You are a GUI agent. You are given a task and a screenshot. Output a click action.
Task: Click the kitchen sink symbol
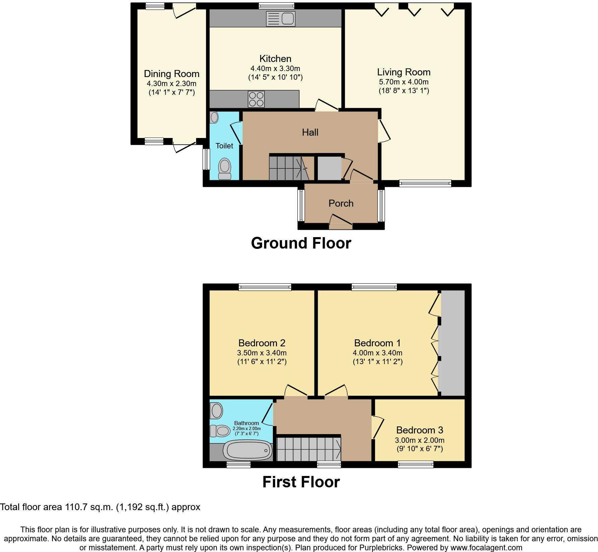pyautogui.click(x=281, y=18)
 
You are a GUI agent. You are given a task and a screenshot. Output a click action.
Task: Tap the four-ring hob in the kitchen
pyautogui.click(x=256, y=99)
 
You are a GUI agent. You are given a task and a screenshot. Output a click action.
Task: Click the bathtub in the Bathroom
pyautogui.click(x=248, y=451)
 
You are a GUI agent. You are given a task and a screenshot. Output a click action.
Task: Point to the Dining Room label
pyautogui.click(x=172, y=74)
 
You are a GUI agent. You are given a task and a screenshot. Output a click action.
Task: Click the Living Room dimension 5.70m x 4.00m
pyautogui.click(x=404, y=82)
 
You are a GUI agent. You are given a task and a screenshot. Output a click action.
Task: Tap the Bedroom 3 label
pyautogui.click(x=420, y=430)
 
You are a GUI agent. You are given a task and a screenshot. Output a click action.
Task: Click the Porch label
pyautogui.click(x=341, y=203)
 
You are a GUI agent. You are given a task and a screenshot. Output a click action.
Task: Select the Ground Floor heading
pyautogui.click(x=301, y=243)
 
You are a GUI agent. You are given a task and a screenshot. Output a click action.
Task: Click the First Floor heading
pyautogui.click(x=301, y=482)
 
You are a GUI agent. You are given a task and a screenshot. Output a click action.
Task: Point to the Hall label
pyautogui.click(x=310, y=132)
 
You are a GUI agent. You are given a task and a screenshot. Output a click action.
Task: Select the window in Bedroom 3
pyautogui.click(x=416, y=464)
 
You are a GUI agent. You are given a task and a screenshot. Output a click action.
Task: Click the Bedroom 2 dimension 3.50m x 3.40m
pyautogui.click(x=262, y=353)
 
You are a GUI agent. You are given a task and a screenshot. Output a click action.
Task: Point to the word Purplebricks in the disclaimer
pyautogui.click(x=377, y=548)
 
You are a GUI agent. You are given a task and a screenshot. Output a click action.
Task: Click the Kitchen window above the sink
pyautogui.click(x=277, y=5)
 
